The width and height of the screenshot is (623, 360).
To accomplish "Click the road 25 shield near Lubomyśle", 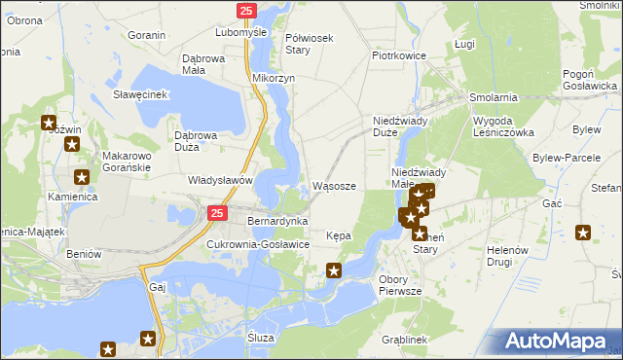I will pyautogui.click(x=246, y=10).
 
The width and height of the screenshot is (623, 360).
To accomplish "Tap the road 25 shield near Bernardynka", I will pyautogui.click(x=217, y=212).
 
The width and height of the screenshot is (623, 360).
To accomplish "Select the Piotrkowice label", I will pyautogui.click(x=399, y=55).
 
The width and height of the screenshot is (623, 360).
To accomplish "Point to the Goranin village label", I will pyautogui.click(x=146, y=35).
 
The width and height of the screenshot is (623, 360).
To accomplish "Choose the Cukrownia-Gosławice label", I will pyautogui.click(x=257, y=244).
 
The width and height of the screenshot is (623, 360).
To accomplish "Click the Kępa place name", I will pyautogui.click(x=339, y=235).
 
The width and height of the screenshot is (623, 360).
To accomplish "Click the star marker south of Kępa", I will pyautogui.click(x=334, y=270).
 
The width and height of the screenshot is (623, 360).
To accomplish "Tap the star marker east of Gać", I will pyautogui.click(x=583, y=232).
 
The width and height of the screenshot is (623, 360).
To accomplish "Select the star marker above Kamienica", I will pyautogui.click(x=81, y=177).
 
